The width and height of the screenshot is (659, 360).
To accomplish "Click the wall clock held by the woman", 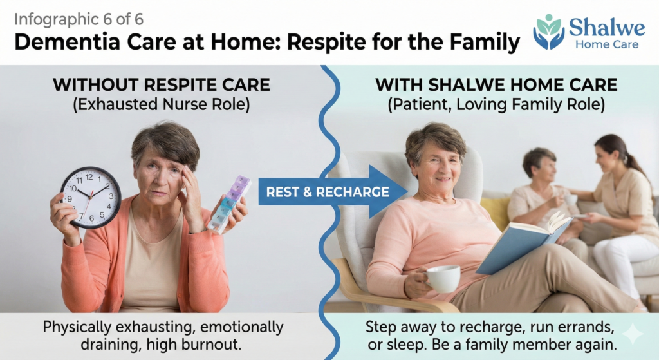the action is point(91,197).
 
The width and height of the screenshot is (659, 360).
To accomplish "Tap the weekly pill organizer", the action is point(229,205).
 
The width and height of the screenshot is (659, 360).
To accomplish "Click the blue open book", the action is point(524,242).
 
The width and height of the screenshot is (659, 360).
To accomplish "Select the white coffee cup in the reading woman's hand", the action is point(443,278).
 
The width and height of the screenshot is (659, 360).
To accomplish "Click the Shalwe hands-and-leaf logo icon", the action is point(549,32).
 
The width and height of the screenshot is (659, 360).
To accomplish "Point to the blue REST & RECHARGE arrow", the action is point(333,192).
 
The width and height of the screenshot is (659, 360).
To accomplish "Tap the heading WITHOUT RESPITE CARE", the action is point(162,85).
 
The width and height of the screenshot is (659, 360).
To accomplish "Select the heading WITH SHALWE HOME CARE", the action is point(496,85).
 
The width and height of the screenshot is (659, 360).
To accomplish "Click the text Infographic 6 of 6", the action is point(79,19).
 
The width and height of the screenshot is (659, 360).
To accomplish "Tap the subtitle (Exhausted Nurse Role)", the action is point(162,105).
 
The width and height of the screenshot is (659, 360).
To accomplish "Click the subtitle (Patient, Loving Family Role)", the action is point(496,105).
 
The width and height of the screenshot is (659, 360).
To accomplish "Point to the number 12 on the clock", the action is point(89,177).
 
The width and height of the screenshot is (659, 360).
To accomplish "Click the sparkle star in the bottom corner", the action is point(633,334).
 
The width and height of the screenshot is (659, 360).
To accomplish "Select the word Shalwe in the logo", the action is point(607,28).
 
